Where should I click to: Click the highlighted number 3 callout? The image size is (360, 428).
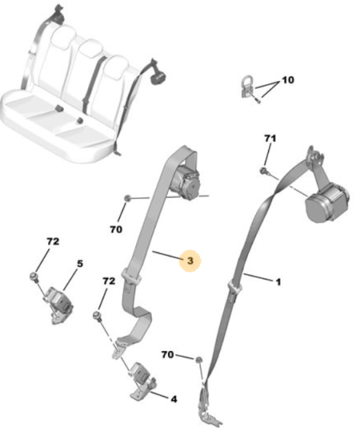(x=190, y=261)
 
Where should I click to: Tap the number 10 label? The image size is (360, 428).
(x=288, y=80)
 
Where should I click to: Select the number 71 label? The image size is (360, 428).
(x=270, y=139)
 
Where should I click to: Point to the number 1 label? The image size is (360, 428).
(x=278, y=282)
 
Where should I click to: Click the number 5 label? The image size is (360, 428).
(x=80, y=264)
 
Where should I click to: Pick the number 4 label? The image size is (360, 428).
(x=173, y=399)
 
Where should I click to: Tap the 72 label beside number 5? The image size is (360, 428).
(x=53, y=241)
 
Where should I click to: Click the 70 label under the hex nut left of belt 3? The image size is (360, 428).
(x=116, y=230)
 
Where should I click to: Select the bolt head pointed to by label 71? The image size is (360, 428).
(x=264, y=170)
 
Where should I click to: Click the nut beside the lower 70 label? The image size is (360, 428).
(x=199, y=360)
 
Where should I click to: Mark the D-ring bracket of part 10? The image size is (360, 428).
(x=248, y=87)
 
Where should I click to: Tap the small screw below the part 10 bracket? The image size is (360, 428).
(x=258, y=100)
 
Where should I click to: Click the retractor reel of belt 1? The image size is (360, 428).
(x=327, y=203)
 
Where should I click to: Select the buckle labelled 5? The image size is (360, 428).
(x=58, y=303)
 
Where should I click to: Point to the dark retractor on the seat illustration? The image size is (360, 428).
(x=158, y=77)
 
